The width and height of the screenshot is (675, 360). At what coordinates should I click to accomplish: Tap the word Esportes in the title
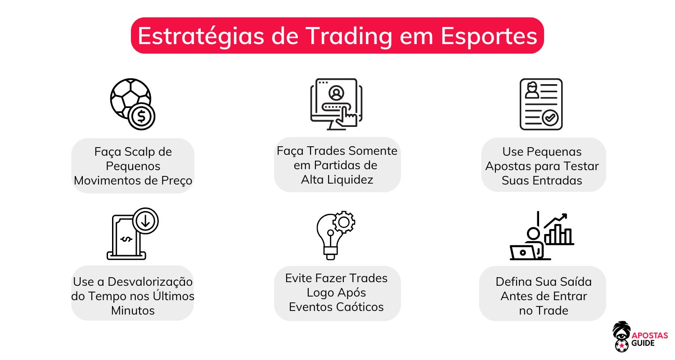coord(489,36)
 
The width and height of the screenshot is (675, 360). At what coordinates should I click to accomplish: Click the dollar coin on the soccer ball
coord(141,117)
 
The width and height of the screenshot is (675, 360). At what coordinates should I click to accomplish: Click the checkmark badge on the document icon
coord(550,118)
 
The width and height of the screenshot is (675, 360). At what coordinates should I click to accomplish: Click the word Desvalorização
coord(148,282)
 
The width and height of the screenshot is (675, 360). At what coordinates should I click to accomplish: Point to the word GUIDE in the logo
coord(644,344)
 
